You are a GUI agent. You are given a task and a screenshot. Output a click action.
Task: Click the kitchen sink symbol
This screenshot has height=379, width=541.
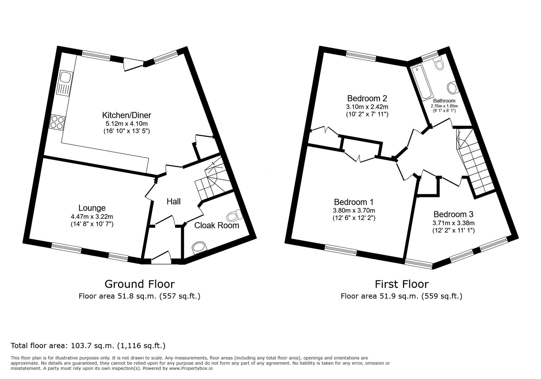[x=65, y=83]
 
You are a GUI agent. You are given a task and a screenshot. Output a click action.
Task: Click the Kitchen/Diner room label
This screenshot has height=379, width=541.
[x=126, y=115]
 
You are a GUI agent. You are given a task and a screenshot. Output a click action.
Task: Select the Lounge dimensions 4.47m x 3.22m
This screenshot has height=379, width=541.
[x=92, y=217]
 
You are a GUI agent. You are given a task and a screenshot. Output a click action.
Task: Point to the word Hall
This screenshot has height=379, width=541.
[x=173, y=201]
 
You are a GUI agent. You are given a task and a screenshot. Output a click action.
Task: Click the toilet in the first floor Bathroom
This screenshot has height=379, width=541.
[x=438, y=63]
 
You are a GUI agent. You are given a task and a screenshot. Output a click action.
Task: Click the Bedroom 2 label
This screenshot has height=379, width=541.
[x=367, y=98]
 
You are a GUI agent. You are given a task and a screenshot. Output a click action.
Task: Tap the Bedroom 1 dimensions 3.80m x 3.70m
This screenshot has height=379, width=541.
[x=354, y=211]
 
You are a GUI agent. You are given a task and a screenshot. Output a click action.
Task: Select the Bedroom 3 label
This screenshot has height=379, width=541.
[x=453, y=214]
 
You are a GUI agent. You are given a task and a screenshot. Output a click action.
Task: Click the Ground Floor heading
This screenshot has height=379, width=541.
[x=139, y=284]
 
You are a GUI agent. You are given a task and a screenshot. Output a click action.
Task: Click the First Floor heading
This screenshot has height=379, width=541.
[x=402, y=284]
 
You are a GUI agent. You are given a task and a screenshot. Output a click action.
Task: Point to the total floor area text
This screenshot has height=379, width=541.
[x=88, y=345]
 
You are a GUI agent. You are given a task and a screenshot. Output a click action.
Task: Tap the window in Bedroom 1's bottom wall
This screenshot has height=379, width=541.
[x=341, y=251]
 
